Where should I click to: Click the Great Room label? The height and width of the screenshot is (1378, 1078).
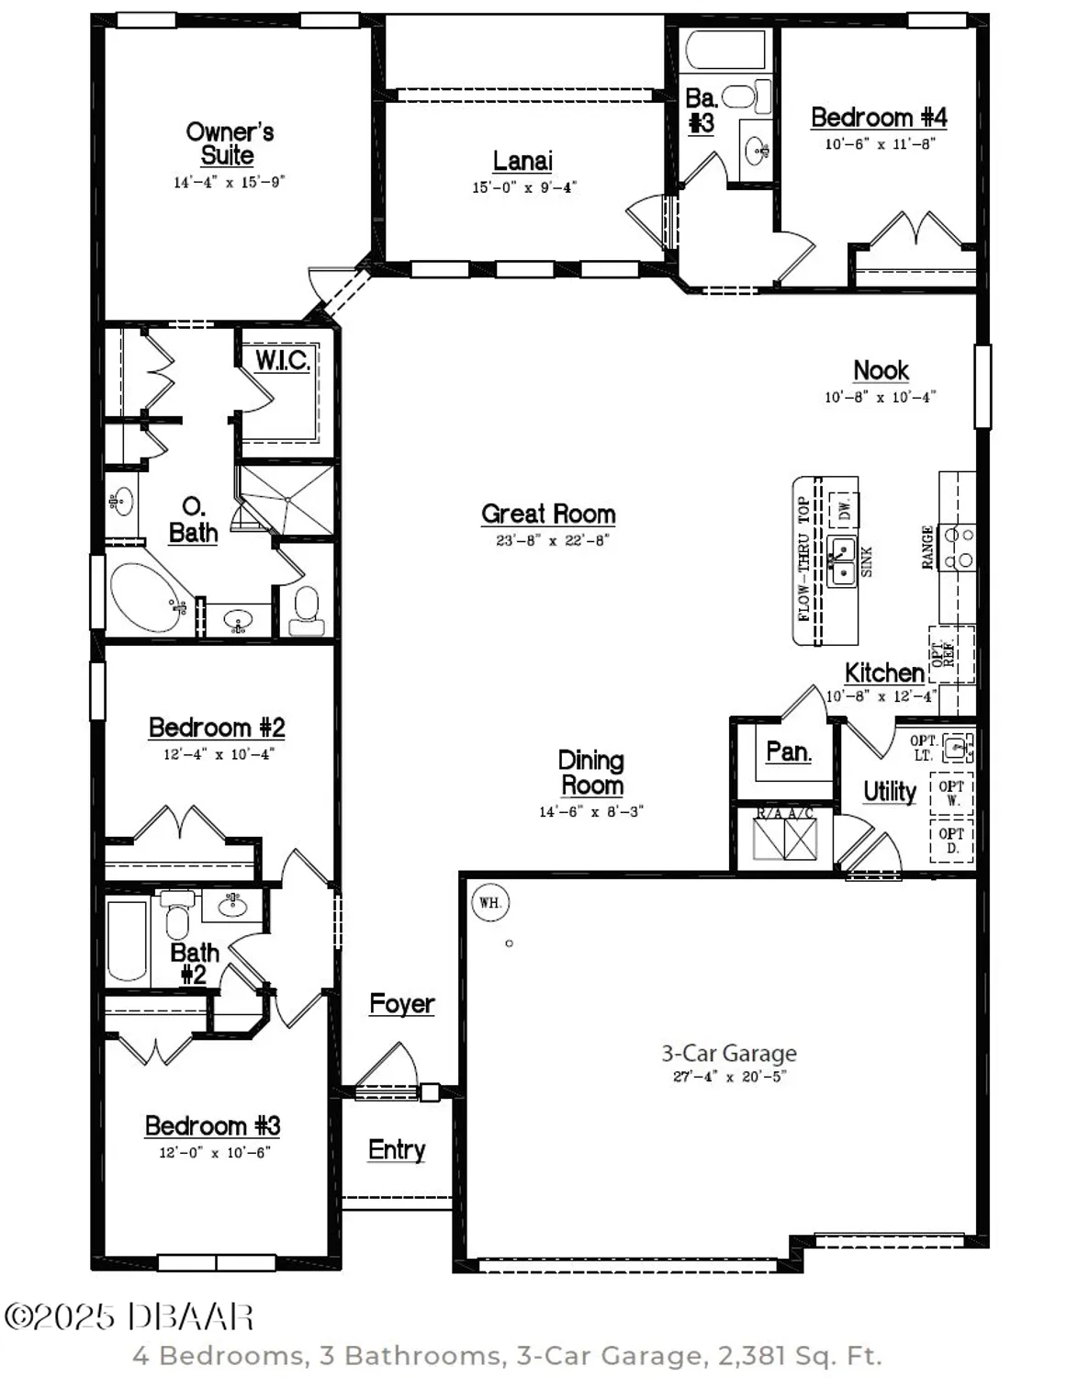[548, 514]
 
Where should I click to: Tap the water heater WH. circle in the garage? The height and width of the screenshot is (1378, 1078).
[490, 902]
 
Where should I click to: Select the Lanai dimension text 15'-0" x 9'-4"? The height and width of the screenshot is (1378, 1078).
[524, 187]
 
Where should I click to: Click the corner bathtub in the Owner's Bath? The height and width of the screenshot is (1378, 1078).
[146, 597]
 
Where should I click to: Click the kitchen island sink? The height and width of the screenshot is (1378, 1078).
[842, 560]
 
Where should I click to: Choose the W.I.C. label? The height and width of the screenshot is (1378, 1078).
[282, 360]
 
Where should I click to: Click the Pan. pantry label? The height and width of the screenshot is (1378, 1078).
[788, 751]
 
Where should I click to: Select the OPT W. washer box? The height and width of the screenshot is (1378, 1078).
[951, 793]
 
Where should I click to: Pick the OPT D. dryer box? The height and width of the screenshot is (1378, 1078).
[951, 840]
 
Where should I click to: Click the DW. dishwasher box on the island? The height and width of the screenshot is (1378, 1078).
[844, 508]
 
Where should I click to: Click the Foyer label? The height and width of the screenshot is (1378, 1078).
[401, 1003]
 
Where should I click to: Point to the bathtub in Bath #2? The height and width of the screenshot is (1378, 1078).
[128, 940]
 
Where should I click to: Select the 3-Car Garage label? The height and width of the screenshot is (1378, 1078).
[729, 1053]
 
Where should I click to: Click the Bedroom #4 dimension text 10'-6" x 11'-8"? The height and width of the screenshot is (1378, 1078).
[880, 144]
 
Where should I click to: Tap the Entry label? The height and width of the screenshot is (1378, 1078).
[397, 1149]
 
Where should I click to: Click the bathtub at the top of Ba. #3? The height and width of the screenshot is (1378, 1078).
[724, 51]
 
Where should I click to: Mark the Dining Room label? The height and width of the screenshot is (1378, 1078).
[591, 773]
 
